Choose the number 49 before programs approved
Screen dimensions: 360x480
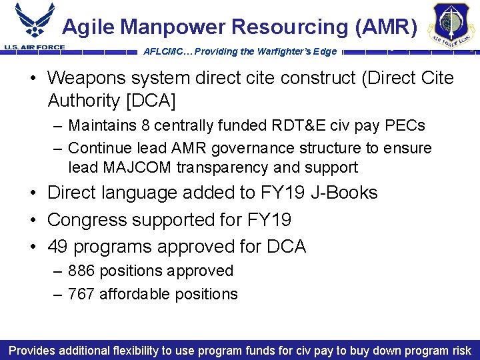pos(58,247)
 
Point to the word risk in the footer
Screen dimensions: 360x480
pos(460,350)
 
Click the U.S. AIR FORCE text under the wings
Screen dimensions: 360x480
pos(34,47)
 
